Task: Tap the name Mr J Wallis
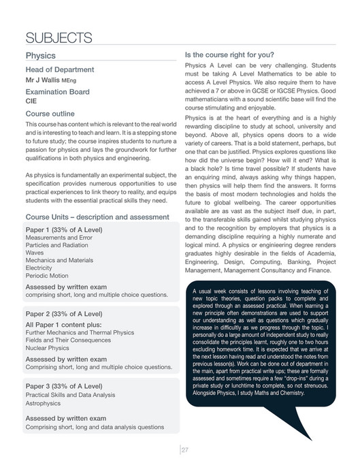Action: point(46,80)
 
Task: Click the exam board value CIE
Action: point(31,101)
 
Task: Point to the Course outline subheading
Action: point(50,114)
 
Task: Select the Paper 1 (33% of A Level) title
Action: point(63,229)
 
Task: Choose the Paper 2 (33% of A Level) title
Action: point(63,314)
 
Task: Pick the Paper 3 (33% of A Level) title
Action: point(63,386)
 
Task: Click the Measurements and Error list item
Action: point(59,238)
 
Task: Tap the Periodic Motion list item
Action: point(47,276)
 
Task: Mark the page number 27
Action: point(184,449)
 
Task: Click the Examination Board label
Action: point(57,91)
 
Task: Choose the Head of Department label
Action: point(59,69)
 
